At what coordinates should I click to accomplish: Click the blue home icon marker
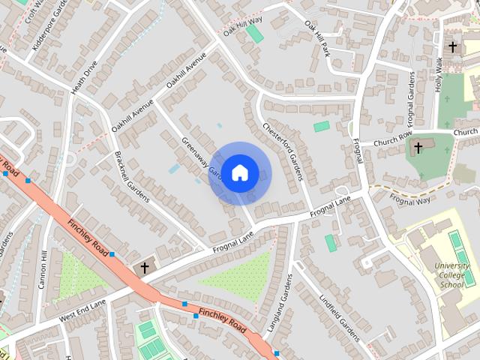pos(239,173)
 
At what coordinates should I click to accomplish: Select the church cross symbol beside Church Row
pos(418,146)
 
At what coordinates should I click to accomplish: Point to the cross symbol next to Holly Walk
pos(452,46)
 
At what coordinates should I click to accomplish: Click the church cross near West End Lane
pos(145,267)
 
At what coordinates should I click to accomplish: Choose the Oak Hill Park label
pos(317,37)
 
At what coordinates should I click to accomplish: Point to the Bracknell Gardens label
pos(132,177)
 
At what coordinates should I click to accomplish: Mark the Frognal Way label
pos(410,200)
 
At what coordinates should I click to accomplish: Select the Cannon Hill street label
pos(43,270)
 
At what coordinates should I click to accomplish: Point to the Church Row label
pos(393,139)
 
